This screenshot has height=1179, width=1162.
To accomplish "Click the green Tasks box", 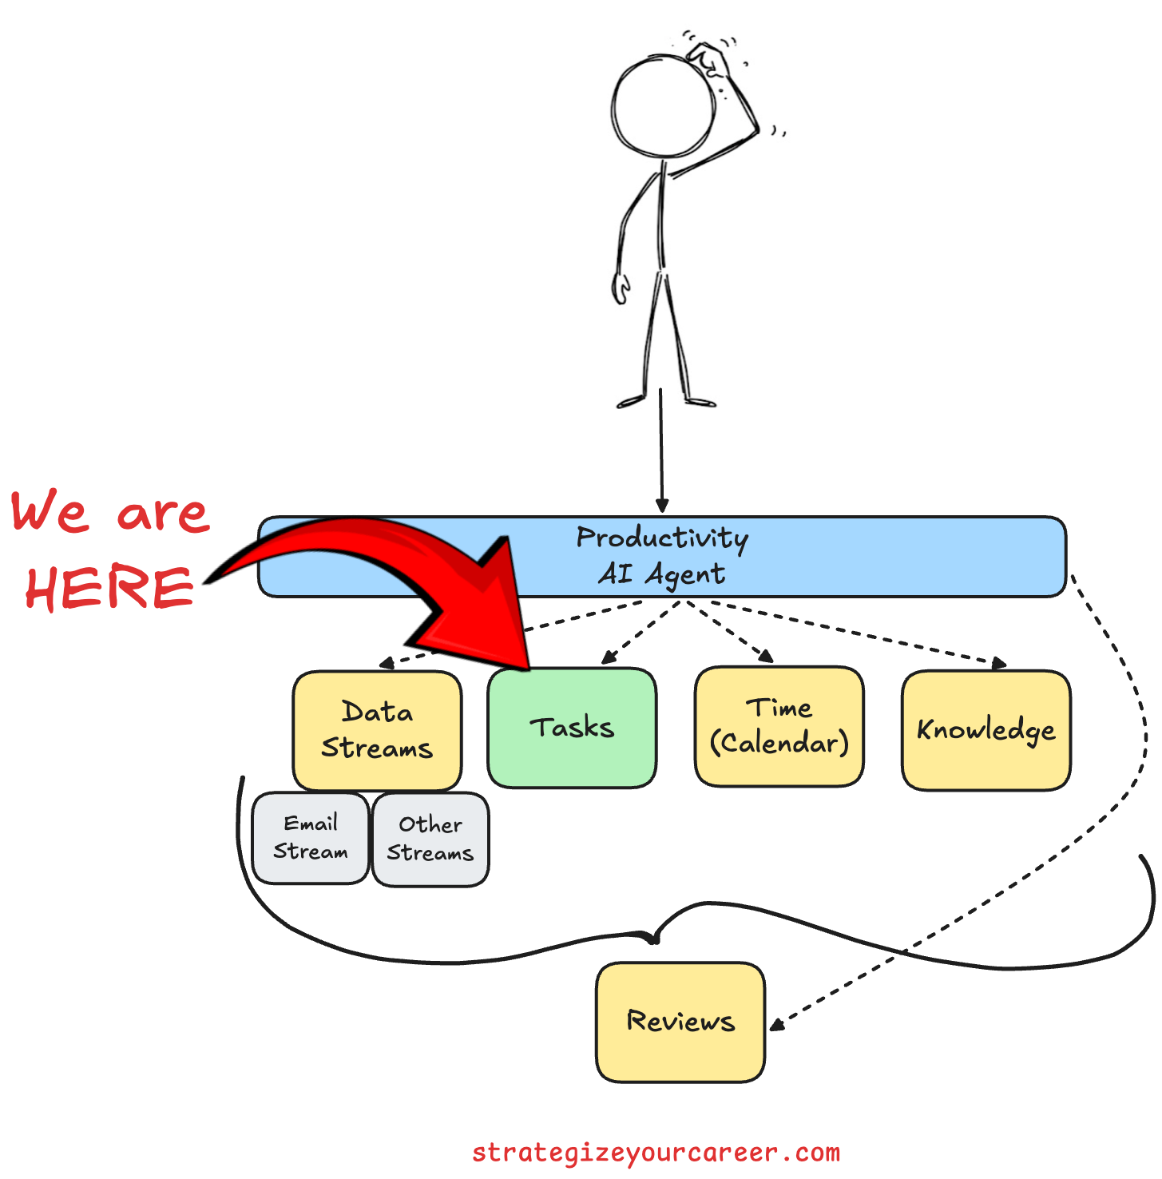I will point(572,728).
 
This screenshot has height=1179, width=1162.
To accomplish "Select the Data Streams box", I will point(377,730).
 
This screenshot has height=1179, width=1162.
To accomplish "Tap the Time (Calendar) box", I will point(779,726).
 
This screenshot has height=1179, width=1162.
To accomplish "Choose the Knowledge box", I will point(986,730).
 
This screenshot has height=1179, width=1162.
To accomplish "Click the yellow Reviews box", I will point(680,1022).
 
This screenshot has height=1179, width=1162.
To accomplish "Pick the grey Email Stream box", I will point(311,838).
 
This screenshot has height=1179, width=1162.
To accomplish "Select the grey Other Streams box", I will point(430,840).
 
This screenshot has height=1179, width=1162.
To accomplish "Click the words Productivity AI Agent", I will point(662,556).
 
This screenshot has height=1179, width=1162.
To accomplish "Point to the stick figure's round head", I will point(662,106).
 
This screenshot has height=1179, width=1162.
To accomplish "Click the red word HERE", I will point(109,588).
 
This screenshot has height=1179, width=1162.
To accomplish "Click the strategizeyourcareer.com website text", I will point(656,1153).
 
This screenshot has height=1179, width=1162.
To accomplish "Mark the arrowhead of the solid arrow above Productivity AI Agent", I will point(662,506).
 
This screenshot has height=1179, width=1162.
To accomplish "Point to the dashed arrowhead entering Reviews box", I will point(775,1025).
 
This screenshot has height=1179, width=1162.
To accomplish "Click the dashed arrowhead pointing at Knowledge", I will point(999,663).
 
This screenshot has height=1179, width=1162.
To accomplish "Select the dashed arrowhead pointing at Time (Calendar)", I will point(767,657).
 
